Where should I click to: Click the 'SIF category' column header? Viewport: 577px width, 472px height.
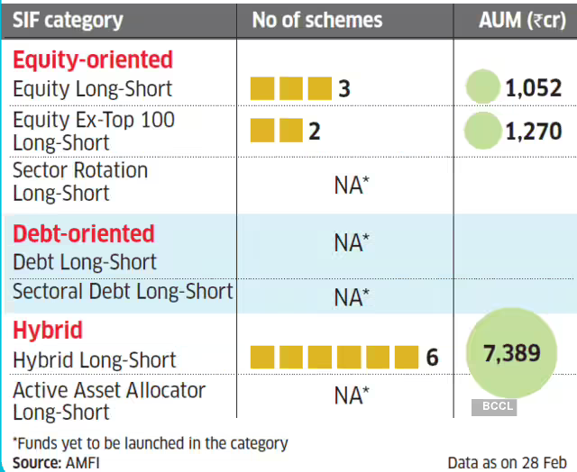click(68, 20)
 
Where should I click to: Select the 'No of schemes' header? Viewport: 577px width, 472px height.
click(317, 20)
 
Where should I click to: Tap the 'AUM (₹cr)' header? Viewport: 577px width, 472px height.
click(522, 20)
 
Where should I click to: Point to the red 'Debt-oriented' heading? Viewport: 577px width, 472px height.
click(84, 233)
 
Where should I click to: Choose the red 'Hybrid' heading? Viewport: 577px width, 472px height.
click(48, 331)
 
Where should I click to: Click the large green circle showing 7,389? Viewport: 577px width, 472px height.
click(511, 352)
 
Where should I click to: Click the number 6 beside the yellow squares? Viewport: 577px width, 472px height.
click(432, 358)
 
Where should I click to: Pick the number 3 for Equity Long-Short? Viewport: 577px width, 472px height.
click(344, 89)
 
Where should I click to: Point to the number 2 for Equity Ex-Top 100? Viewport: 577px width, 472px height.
click(314, 132)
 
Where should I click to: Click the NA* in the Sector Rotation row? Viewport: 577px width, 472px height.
click(352, 185)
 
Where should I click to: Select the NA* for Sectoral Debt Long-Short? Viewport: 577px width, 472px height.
click(352, 296)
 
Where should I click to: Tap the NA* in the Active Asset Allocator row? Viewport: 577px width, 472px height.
click(352, 395)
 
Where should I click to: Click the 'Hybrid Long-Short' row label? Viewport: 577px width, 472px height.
click(95, 359)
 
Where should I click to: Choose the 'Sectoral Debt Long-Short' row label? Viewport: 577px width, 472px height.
click(123, 292)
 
